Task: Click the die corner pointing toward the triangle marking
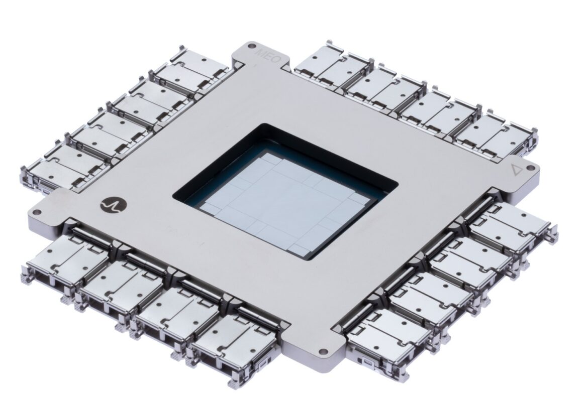[x=375, y=193]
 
